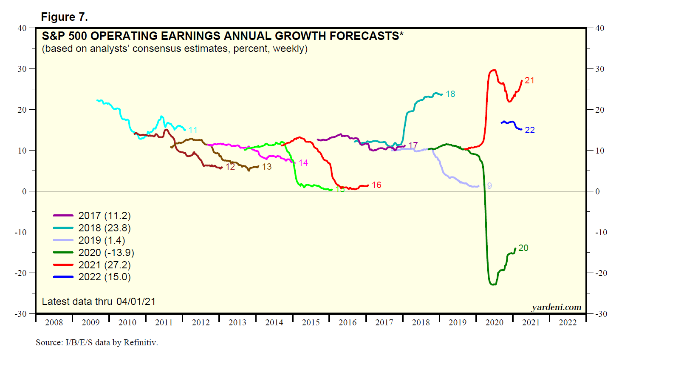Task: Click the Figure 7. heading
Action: pos(64,17)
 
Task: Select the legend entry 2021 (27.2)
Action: pos(104,265)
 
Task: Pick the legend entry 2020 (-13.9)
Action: pos(106,253)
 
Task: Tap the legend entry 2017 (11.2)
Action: pos(104,216)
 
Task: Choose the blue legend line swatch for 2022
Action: pos(63,277)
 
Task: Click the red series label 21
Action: pos(529,80)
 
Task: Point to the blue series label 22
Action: pos(530,130)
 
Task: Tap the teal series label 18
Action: pos(450,94)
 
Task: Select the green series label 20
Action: pos(523,248)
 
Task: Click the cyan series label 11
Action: pos(193,130)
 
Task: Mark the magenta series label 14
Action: pos(303,163)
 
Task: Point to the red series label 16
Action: pos(376,185)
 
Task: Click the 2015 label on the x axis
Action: pos(311,322)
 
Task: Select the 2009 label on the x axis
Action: pos(90,322)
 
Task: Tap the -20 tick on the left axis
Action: pos(20,273)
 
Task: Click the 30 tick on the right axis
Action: pos(599,69)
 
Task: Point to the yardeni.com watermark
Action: pos(556,307)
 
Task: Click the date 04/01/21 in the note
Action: pos(136,302)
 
